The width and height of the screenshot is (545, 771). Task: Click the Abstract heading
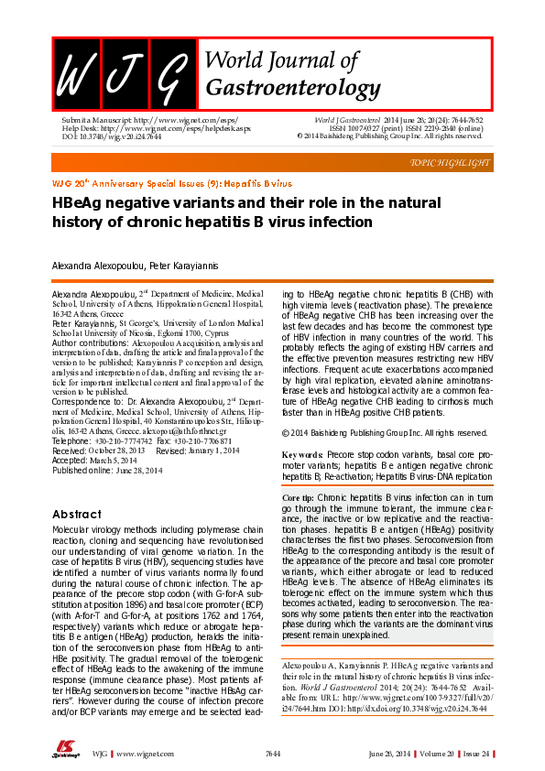[x=77, y=514]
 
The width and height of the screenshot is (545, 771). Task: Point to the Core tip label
[x=298, y=496]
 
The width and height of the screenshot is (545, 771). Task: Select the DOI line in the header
[x=111, y=136]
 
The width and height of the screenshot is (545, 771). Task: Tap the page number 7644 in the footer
[x=272, y=754]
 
